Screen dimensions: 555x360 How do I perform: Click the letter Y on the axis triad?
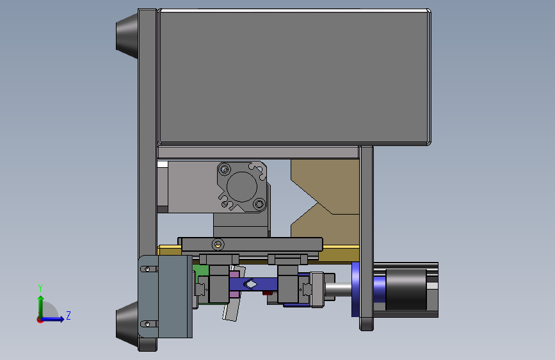40,288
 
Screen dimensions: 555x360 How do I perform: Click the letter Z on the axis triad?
68,315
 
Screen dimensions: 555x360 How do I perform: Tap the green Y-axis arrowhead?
41,299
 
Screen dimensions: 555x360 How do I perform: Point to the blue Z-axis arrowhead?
61,319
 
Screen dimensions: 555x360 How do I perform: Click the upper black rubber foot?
127,36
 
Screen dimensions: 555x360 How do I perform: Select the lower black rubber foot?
127,324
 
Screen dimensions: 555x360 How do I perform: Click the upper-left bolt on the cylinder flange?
225,169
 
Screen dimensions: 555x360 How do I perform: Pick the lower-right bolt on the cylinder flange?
260,204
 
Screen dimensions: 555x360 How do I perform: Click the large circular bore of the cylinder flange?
242,187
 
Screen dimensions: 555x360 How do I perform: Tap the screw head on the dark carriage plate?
218,244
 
